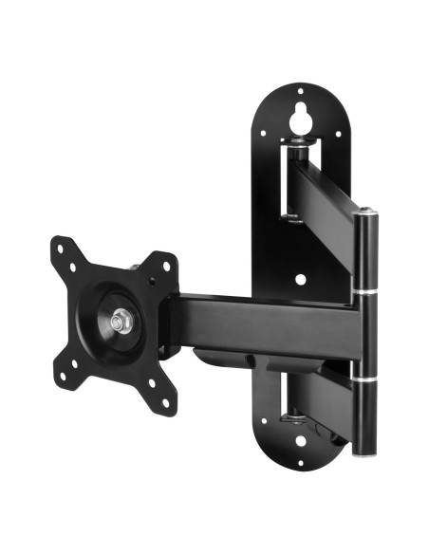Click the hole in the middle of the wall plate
click(301, 281)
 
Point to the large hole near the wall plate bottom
click(302, 415)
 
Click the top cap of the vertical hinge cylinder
click(364, 221)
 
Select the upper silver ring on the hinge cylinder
click(363, 291)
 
